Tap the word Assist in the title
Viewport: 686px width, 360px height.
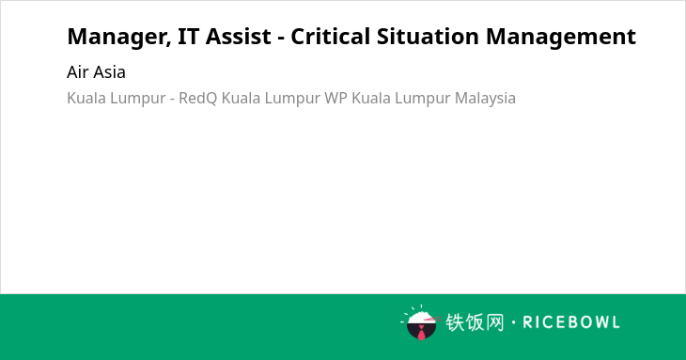(239, 37)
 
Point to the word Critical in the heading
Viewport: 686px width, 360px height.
(330, 36)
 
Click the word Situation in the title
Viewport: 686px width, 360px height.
(428, 36)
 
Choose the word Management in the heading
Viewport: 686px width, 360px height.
(561, 38)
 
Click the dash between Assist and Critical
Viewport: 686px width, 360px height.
(281, 39)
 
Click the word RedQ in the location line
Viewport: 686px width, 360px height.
(197, 98)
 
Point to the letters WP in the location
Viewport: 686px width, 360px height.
(335, 98)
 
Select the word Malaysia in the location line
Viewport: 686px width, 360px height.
(485, 99)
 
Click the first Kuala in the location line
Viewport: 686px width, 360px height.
(86, 98)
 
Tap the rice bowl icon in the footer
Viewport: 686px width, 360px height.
(421, 322)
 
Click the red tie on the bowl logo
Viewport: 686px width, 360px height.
(421, 333)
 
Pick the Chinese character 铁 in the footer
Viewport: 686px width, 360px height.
(455, 322)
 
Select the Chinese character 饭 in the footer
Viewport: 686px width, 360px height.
(475, 322)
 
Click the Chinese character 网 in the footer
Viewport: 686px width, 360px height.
(495, 322)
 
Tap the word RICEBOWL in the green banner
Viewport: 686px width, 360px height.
(571, 322)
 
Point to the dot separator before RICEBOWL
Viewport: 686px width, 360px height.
(513, 322)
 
